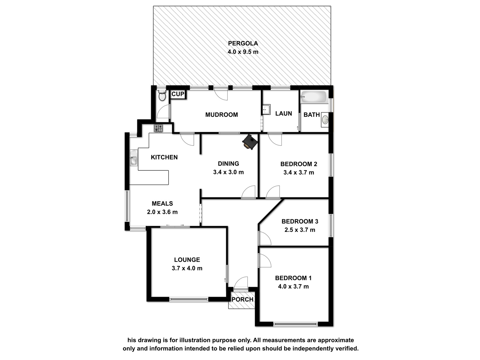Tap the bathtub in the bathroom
click(x=313, y=97)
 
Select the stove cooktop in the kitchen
click(x=158, y=128)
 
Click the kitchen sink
click(x=133, y=157)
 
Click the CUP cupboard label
click(x=178, y=94)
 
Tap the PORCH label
click(x=242, y=299)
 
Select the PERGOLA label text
click(x=243, y=43)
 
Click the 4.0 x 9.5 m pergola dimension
click(x=243, y=52)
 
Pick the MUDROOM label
click(x=221, y=115)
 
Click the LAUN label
click(x=283, y=113)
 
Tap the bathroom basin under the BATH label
click(x=325, y=119)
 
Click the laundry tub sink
click(x=266, y=109)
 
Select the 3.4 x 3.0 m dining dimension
click(x=228, y=172)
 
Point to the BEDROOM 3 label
click(x=300, y=221)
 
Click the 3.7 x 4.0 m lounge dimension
click(x=187, y=268)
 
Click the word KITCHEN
click(x=164, y=157)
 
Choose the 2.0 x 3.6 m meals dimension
click(x=162, y=212)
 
